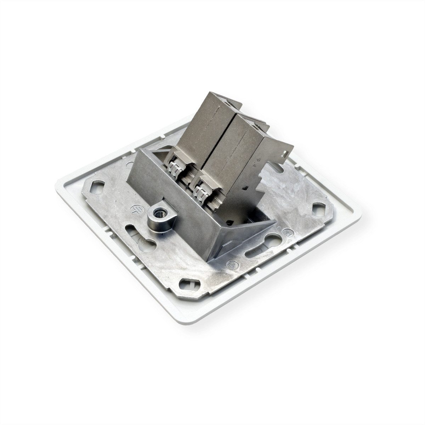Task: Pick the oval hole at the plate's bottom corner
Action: point(187,284)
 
